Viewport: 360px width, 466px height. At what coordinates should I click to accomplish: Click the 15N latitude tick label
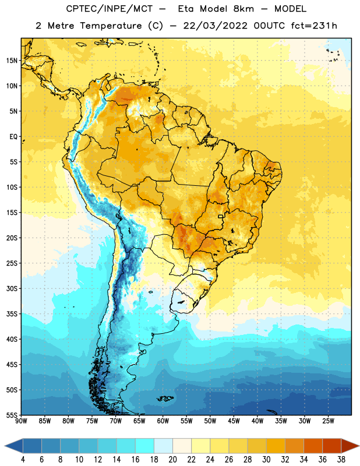(x=12, y=61)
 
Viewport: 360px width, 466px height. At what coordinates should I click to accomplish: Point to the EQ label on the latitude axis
(x=13, y=137)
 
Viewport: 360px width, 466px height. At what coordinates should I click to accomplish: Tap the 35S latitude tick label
(x=12, y=314)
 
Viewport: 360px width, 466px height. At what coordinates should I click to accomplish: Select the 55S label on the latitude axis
(x=12, y=415)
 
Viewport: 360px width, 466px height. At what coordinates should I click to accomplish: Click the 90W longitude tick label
(x=21, y=421)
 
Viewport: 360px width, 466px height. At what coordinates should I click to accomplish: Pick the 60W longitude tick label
(x=163, y=421)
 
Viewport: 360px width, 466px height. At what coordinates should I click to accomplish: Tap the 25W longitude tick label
(x=328, y=421)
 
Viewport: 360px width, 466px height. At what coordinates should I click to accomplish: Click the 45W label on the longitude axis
(x=234, y=421)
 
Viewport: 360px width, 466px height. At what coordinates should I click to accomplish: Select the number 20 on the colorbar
(x=172, y=460)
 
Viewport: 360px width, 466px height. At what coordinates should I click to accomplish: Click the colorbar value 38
(x=341, y=460)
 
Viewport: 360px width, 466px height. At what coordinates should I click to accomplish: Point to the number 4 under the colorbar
(x=23, y=460)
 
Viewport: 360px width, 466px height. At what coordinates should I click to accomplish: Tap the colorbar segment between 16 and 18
(x=145, y=446)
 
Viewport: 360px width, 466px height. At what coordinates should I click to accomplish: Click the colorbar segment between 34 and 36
(x=313, y=446)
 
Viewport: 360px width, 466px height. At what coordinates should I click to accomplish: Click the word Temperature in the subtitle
(x=111, y=26)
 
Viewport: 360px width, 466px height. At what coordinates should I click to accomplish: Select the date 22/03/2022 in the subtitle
(x=215, y=26)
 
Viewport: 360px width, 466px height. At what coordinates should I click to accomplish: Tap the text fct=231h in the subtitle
(x=314, y=26)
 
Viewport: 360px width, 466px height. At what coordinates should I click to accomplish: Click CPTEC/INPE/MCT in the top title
(x=110, y=9)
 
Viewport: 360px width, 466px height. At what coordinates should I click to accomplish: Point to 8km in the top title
(x=243, y=9)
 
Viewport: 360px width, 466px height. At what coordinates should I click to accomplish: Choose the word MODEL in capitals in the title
(x=290, y=9)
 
